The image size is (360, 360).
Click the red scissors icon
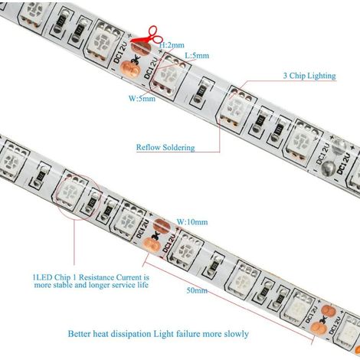click(147, 35)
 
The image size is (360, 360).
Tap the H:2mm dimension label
click(172, 45)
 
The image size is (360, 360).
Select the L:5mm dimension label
click(197, 55)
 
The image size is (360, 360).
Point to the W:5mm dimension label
click(142, 98)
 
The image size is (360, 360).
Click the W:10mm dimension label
click(192, 222)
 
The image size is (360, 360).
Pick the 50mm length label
click(197, 290)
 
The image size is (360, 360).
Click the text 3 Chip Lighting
click(309, 76)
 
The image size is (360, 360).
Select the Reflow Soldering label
click(165, 147)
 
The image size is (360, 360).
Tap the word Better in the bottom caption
click(79, 333)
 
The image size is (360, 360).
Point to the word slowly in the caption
click(236, 334)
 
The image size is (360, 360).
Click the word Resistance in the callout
click(97, 277)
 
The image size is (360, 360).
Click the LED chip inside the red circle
click(70, 191)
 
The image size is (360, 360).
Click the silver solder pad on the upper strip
click(329, 168)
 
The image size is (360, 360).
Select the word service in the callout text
click(123, 285)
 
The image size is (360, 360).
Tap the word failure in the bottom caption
click(188, 333)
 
